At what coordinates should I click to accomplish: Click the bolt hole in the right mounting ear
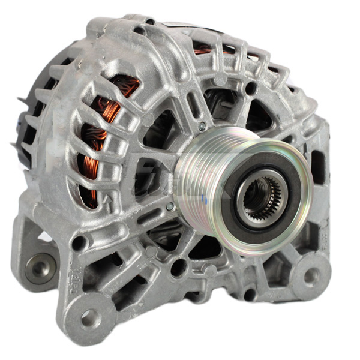(311, 275)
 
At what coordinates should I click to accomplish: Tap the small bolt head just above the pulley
(202, 127)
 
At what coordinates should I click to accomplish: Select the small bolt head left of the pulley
(170, 206)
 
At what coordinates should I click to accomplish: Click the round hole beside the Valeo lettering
(78, 242)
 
